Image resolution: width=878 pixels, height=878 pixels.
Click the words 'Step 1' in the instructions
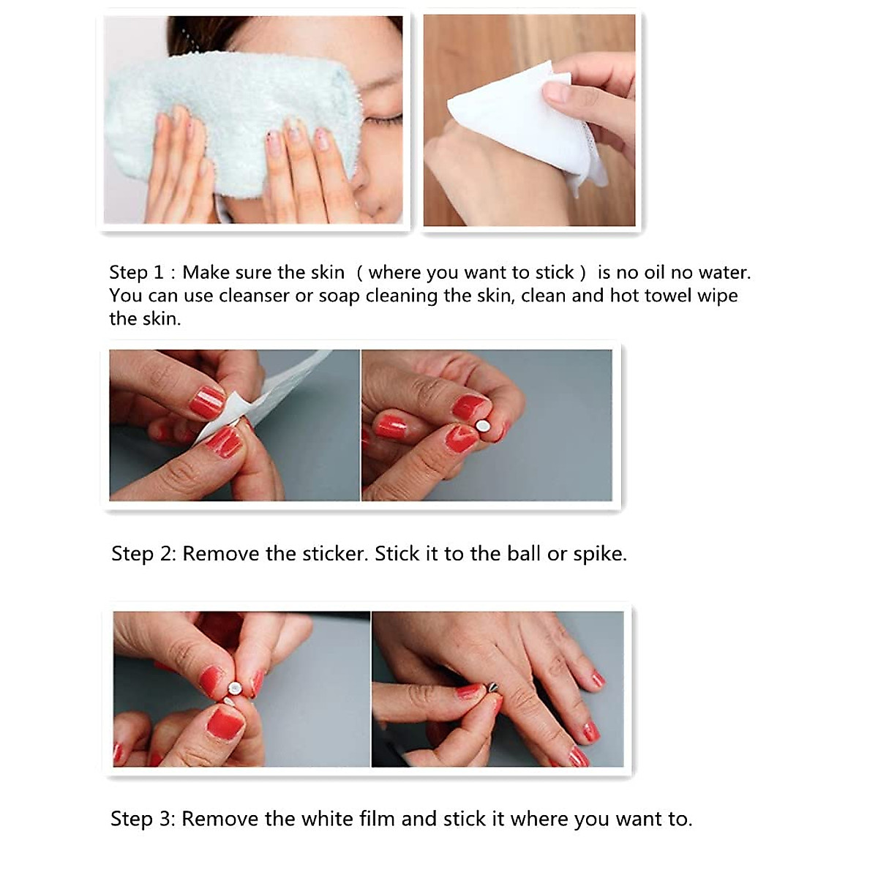(x=136, y=272)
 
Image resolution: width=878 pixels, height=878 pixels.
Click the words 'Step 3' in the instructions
(x=143, y=819)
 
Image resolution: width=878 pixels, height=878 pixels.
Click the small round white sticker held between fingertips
(x=482, y=427)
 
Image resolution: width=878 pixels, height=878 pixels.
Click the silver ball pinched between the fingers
(x=235, y=688)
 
